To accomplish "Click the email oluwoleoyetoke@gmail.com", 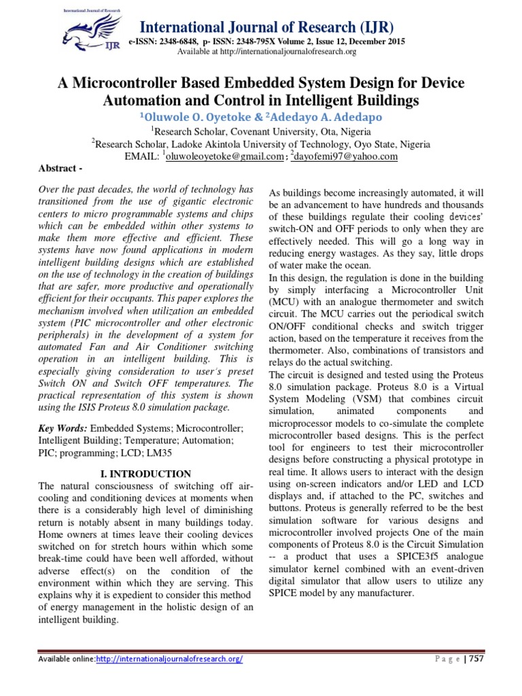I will click(x=224, y=156).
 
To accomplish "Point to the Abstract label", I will click(x=58, y=168).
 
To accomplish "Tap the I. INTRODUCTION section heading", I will click(x=141, y=473).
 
